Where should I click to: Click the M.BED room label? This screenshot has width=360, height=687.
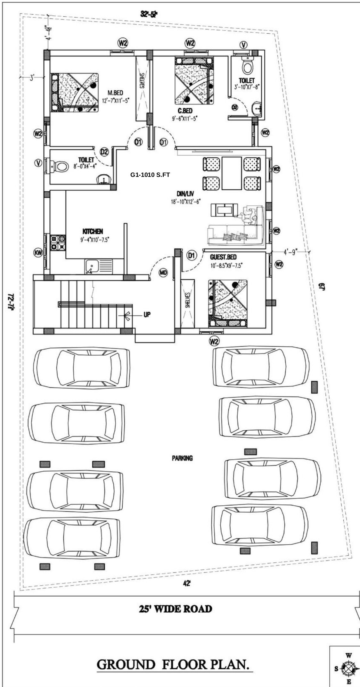[x=115, y=93]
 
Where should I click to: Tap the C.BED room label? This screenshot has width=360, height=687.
[x=185, y=111]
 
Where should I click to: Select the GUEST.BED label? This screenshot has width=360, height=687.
[x=223, y=257]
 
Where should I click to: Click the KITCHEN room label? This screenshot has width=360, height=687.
[x=93, y=231]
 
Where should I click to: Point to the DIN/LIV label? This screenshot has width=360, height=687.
[x=185, y=194]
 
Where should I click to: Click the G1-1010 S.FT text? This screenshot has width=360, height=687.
[x=150, y=175]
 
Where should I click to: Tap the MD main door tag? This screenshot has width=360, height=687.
[x=163, y=273]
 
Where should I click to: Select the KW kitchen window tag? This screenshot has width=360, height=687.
[x=38, y=253]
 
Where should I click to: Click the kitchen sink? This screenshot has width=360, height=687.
[x=92, y=266]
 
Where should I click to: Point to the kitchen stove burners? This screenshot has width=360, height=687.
[x=58, y=243]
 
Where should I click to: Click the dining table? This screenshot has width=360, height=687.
[x=232, y=173]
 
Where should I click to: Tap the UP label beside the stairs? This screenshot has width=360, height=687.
[x=147, y=315]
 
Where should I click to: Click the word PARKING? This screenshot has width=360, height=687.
[x=182, y=458]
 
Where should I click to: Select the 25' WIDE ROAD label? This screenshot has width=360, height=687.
[x=175, y=608]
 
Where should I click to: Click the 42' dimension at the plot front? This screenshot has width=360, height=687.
[x=187, y=584]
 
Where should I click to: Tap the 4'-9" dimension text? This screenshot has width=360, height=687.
[x=290, y=252]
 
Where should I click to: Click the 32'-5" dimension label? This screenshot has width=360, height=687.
[x=149, y=14]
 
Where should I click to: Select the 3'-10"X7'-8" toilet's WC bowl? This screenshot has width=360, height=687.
[x=247, y=67]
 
